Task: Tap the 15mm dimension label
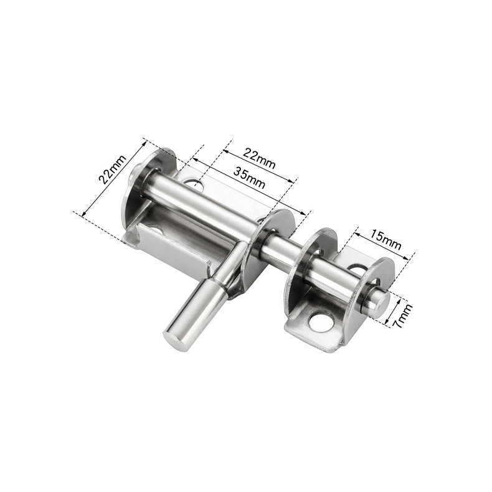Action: pos(386,239)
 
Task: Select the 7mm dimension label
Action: pos(404,315)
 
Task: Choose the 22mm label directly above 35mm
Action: pos(260,158)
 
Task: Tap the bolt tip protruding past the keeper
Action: pos(377,300)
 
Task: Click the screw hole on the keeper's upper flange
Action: pos(357,270)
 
